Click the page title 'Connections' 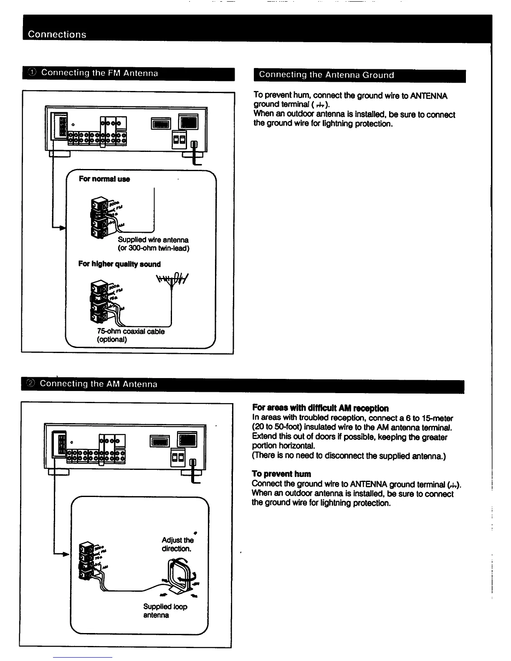57,34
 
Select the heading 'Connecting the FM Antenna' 99,73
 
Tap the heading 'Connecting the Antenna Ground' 326,75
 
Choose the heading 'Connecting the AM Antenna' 99,384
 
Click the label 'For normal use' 104,179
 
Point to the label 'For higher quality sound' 119,264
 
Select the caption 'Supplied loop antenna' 165,611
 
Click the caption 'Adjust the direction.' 177,544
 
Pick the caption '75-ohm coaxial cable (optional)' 130,335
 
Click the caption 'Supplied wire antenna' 153,240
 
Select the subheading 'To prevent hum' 281,474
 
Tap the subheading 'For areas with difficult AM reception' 320,408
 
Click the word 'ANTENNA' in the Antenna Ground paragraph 429,96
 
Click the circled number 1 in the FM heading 32,73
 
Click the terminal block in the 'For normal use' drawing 101,218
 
